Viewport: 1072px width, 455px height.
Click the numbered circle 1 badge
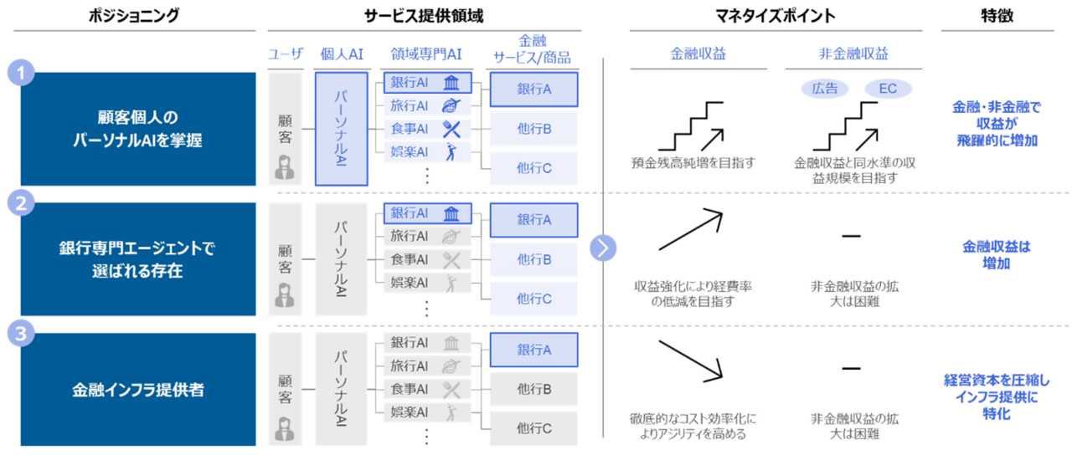point(20,74)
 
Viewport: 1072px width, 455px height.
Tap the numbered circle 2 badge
point(20,203)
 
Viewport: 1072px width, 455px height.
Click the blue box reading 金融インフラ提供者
point(138,390)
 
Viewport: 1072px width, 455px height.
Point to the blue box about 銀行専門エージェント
point(138,259)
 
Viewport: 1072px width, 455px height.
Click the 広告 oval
point(825,89)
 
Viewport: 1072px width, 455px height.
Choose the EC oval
point(887,89)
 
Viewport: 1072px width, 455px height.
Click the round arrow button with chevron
point(603,248)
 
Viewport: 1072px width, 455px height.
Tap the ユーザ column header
point(285,56)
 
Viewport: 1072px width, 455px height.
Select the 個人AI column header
point(341,56)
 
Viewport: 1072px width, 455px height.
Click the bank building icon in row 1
point(452,83)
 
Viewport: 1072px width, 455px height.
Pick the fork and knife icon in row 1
point(452,129)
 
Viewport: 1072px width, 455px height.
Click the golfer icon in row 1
point(452,152)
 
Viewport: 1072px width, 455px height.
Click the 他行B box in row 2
point(533,260)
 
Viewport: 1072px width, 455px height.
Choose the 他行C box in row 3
point(533,428)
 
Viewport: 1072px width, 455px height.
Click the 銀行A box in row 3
point(533,350)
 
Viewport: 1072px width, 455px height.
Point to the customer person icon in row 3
point(285,427)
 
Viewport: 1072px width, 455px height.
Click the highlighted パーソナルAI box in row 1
point(341,129)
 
